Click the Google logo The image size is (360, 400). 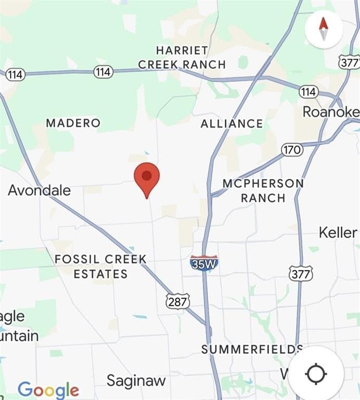pos(48,390)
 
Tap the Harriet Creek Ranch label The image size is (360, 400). pos(182,57)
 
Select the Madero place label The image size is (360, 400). pos(73,123)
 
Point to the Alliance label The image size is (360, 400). pos(232,123)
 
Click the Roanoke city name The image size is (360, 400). pos(331,112)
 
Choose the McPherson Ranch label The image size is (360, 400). pos(263,191)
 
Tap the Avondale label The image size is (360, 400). pos(40,190)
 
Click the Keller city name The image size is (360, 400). pos(338,232)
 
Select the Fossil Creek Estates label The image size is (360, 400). pos(100,266)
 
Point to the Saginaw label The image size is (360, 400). pos(136,381)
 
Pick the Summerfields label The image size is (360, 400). pos(252,349)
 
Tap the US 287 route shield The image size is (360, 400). pos(178,301)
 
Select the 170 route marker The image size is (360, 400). pos(292,150)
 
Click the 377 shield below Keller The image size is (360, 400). pos(301,273)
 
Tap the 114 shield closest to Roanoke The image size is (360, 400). pos(308,92)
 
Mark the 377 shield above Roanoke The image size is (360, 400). pos(349,63)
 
